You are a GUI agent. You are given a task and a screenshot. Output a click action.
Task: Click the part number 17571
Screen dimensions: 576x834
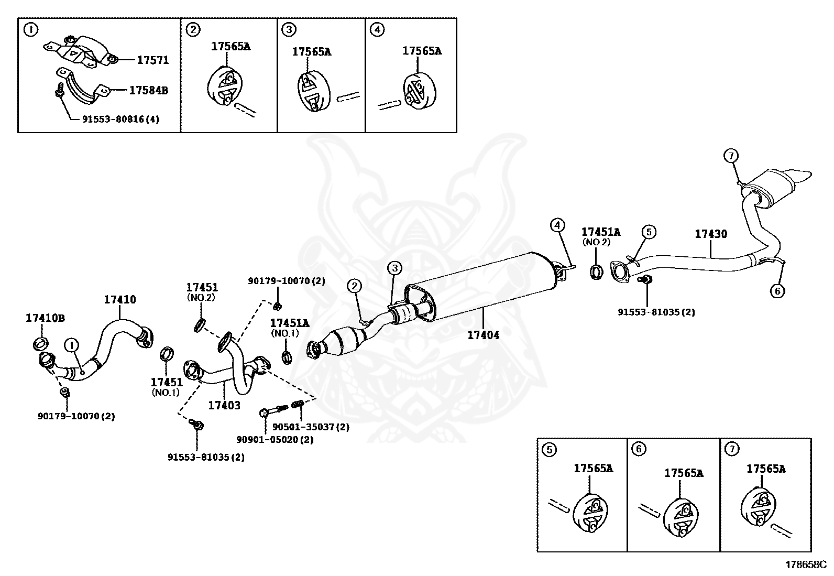pyautogui.click(x=153, y=60)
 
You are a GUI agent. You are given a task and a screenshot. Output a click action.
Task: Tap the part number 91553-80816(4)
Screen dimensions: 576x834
pyautogui.click(x=120, y=119)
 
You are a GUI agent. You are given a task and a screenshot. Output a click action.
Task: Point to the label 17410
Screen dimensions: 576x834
pyautogui.click(x=119, y=300)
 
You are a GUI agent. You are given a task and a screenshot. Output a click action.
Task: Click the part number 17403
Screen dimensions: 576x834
pyautogui.click(x=224, y=405)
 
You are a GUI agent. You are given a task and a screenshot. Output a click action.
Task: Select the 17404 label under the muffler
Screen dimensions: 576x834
pyautogui.click(x=483, y=335)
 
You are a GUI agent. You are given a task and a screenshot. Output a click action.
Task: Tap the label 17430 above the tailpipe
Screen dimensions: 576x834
pyautogui.click(x=711, y=234)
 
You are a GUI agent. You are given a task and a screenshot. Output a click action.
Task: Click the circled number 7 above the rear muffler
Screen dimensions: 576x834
pyautogui.click(x=731, y=156)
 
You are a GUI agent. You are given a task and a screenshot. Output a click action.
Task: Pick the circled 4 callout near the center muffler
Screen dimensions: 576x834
pyautogui.click(x=557, y=225)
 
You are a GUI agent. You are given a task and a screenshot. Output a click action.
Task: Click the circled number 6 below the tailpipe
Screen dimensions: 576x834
pyautogui.click(x=777, y=290)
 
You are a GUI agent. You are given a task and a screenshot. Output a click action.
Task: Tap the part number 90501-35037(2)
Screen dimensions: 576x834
pyautogui.click(x=310, y=427)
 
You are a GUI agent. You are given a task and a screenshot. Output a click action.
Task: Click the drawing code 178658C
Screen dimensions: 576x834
pyautogui.click(x=805, y=564)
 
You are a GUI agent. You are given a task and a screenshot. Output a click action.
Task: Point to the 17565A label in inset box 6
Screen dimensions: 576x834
pyautogui.click(x=684, y=473)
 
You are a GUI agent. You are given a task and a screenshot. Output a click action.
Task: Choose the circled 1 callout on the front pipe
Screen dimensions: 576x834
pyautogui.click(x=71, y=344)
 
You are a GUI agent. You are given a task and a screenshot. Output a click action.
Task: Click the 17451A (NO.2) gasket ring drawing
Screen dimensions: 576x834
pyautogui.click(x=596, y=271)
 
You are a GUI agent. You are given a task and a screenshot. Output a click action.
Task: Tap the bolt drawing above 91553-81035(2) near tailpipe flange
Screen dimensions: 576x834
pyautogui.click(x=646, y=280)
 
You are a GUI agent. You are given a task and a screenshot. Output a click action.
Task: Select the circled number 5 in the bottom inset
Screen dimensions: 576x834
pyautogui.click(x=549, y=449)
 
